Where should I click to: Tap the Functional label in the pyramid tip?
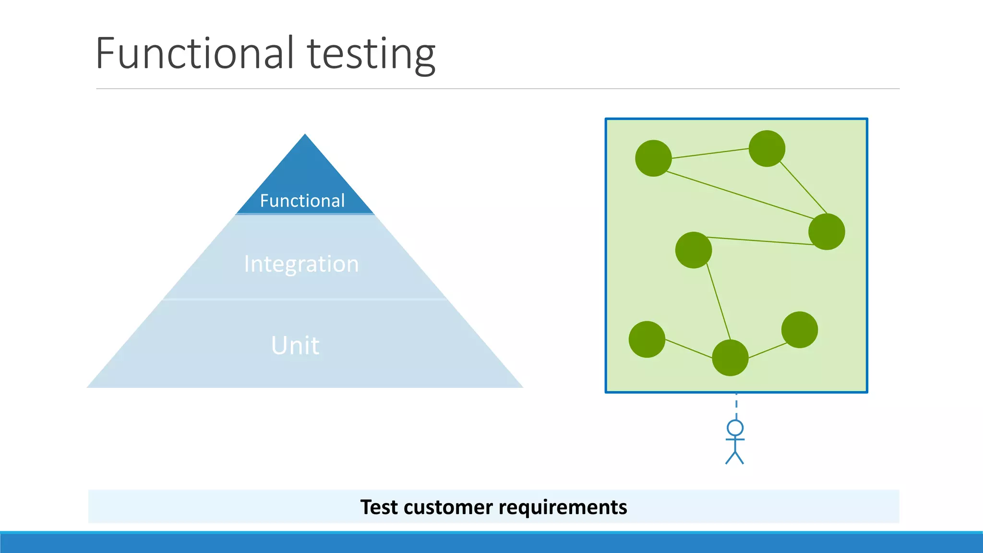pyautogui.click(x=302, y=201)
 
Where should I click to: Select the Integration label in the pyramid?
pyautogui.click(x=301, y=264)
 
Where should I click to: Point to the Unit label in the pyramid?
pyautogui.click(x=295, y=345)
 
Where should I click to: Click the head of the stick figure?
pyautogui.click(x=735, y=428)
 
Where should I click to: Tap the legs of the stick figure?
pyautogui.click(x=735, y=457)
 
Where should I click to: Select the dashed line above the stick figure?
pyautogui.click(x=736, y=406)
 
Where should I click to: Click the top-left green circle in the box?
pyautogui.click(x=653, y=158)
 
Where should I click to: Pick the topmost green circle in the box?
pyautogui.click(x=767, y=148)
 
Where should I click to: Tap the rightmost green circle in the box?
pyautogui.click(x=827, y=232)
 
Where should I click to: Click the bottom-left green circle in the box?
pyautogui.click(x=647, y=339)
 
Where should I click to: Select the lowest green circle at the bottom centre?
pyautogui.click(x=730, y=358)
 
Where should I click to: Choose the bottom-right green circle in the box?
pyautogui.click(x=800, y=330)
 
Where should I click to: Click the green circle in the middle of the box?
pyautogui.click(x=694, y=250)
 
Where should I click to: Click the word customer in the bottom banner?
pyautogui.click(x=448, y=507)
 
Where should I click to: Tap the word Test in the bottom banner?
pyautogui.click(x=379, y=507)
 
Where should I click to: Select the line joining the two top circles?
pyautogui.click(x=710, y=153)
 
